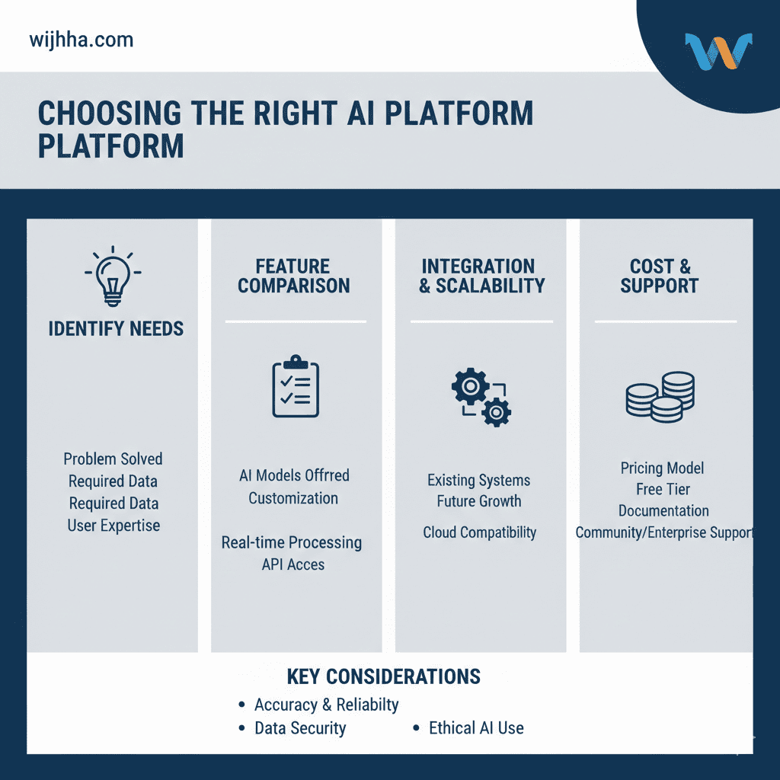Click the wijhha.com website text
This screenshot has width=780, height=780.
(82, 40)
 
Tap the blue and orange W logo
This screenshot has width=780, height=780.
(718, 51)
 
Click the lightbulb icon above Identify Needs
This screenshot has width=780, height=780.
(113, 276)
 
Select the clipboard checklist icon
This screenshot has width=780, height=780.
(296, 386)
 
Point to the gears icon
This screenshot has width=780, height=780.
(481, 397)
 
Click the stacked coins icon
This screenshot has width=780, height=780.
(660, 397)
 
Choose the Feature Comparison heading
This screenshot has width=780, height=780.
(293, 276)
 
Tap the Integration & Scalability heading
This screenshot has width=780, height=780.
(481, 276)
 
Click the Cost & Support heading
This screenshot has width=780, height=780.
(660, 276)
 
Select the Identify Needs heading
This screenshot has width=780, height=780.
(116, 329)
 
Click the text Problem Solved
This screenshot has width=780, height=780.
(113, 459)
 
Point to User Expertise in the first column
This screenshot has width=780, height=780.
(113, 526)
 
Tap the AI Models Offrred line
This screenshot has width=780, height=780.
(294, 475)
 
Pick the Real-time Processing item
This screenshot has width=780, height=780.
(292, 542)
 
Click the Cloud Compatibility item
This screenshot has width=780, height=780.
(480, 532)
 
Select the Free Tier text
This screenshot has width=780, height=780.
(663, 490)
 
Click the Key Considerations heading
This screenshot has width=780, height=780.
(384, 677)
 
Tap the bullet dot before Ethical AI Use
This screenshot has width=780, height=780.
(417, 728)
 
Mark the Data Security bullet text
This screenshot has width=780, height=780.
(300, 728)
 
